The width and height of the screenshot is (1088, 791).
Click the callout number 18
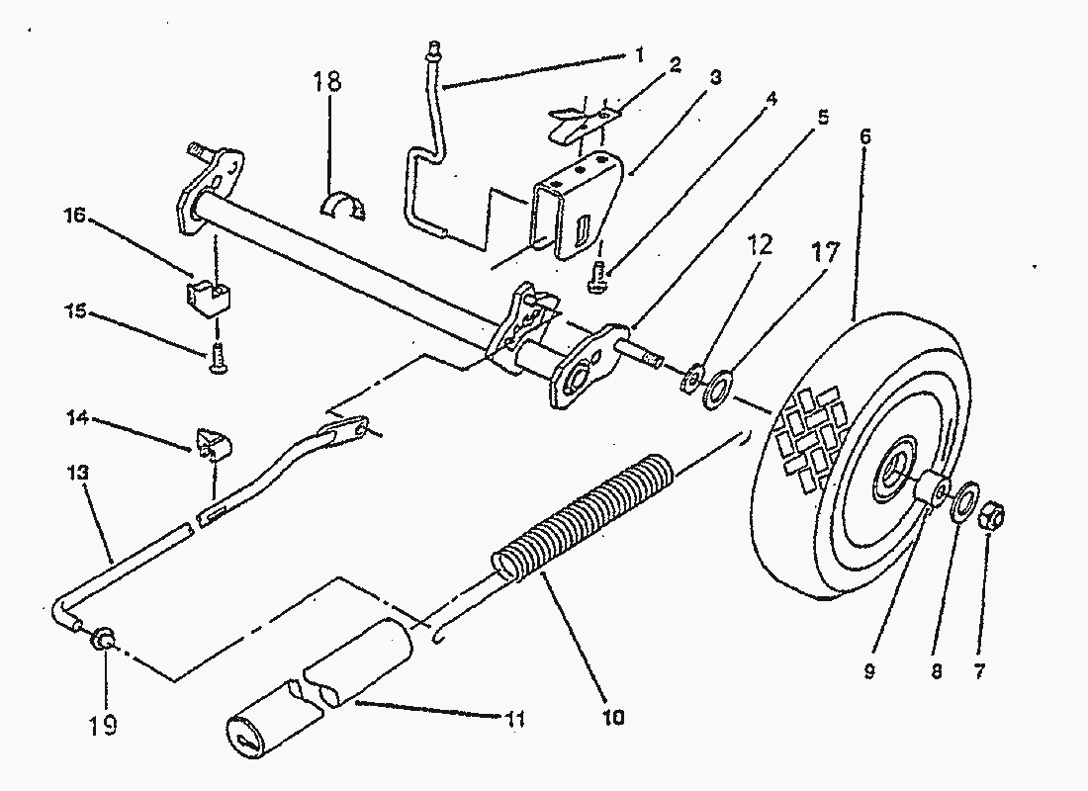[328, 81]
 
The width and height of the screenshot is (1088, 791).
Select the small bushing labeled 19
[101, 640]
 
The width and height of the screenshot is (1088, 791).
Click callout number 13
[80, 474]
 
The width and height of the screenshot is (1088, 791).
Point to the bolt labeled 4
[596, 278]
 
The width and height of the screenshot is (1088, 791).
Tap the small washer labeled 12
[694, 376]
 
